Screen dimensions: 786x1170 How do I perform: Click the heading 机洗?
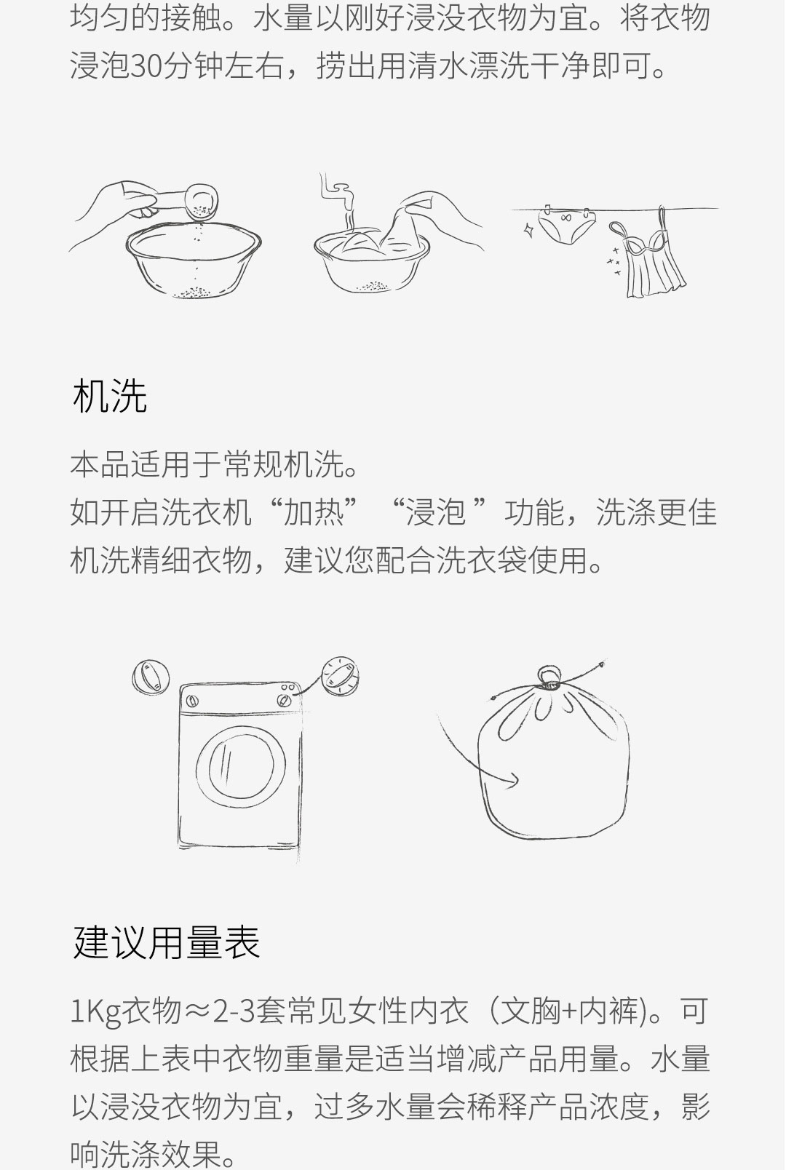[x=110, y=395]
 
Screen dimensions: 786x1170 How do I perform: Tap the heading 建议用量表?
[x=166, y=942]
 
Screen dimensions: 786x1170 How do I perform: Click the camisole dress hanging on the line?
[x=651, y=256]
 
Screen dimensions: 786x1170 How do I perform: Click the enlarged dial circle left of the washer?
[x=151, y=677]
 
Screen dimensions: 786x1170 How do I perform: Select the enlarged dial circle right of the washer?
[x=340, y=676]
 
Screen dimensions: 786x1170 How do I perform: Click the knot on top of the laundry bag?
[x=549, y=677]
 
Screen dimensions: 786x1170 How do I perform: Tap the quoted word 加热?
[x=314, y=512]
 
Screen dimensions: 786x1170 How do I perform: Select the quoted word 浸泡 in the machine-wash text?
[x=436, y=512]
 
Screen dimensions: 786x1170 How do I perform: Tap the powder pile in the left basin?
[x=195, y=292]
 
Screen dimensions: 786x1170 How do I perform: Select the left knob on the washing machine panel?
[x=192, y=701]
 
